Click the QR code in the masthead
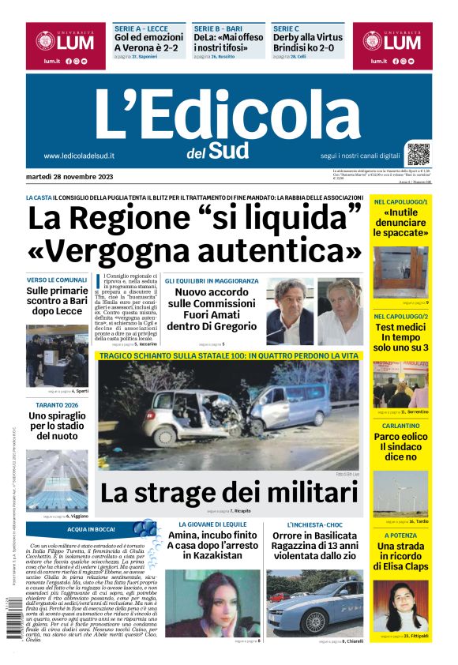419,154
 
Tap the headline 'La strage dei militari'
228,493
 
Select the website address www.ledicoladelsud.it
79,156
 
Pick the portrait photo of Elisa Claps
401,607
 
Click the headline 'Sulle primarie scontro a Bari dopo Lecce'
57,301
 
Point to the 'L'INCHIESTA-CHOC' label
314,524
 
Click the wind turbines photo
401,493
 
